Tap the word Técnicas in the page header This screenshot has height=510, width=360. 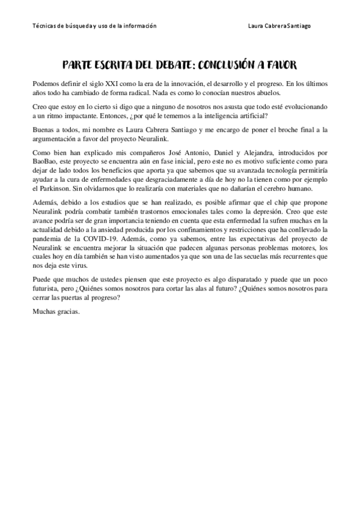(43, 26)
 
